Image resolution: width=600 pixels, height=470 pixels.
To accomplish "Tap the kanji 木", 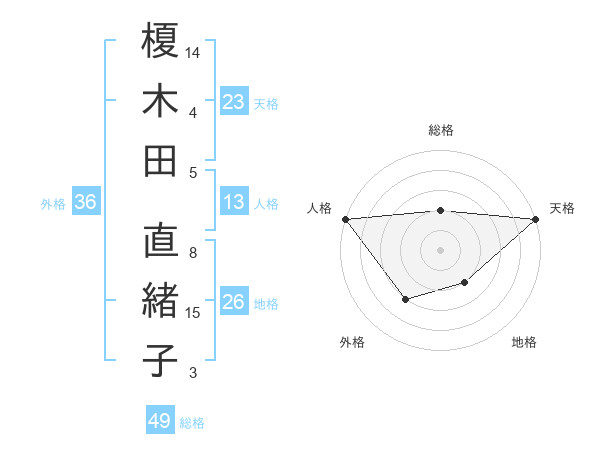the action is coord(161,101).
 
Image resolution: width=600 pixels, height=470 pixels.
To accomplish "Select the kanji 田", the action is coord(161,160).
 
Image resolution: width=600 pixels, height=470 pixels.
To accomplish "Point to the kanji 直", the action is coord(161,242).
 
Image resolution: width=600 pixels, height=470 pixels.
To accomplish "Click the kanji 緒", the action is coord(161,302).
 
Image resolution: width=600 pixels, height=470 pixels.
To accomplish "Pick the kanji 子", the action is coord(161,360).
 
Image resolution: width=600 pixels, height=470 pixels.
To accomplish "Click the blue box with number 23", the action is coord(233,101).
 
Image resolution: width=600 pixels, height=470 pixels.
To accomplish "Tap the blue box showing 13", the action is coord(233,202).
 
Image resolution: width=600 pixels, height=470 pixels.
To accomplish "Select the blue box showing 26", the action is coord(233,302).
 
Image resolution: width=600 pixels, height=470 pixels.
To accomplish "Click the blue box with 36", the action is coord(85,202).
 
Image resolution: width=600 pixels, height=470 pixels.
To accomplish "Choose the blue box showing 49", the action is coord(160,421).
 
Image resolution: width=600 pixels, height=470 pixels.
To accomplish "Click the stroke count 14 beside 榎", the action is coord(194,51).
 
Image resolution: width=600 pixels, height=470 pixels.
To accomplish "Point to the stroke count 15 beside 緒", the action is coord(194,313).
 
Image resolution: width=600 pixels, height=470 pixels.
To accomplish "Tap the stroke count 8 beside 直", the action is coord(193,253).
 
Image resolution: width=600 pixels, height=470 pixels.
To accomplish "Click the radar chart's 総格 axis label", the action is coord(441,130).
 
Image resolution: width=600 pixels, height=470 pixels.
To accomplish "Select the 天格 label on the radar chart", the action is coord(562,208).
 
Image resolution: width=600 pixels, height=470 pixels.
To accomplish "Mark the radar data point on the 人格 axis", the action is coord(345,218).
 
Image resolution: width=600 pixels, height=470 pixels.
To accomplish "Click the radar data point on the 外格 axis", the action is coord(405,299).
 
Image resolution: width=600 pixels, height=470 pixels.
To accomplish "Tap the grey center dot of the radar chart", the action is coord(441,249).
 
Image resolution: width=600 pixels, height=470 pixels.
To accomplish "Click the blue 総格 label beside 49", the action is coord(192,422).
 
